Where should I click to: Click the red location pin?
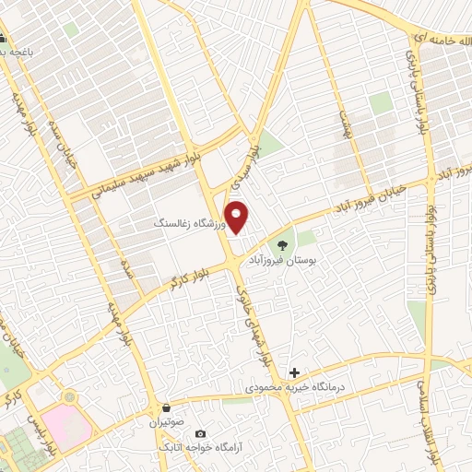[237, 217]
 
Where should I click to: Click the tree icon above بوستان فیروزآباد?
[281, 244]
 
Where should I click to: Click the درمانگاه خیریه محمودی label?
[293, 390]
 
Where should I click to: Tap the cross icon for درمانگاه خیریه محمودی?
[294, 372]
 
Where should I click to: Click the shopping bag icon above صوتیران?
[166, 407]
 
